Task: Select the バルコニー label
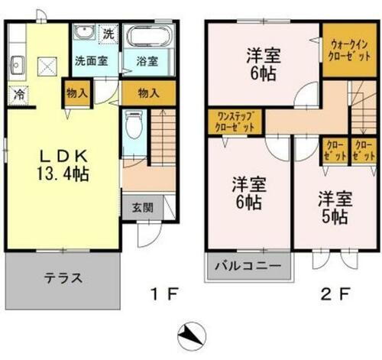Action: pyautogui.click(x=249, y=268)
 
